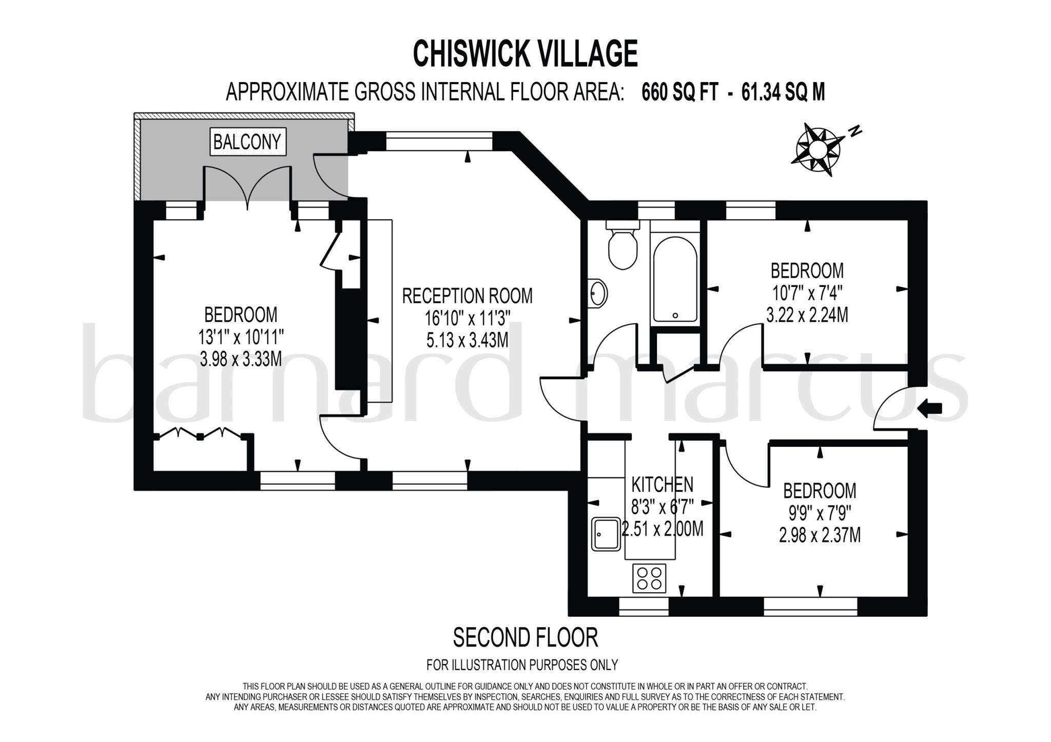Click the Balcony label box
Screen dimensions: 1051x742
coord(247,142)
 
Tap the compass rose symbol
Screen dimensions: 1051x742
coord(818,150)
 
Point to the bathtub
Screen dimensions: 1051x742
coord(675,279)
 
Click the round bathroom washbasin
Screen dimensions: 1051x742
coord(598,294)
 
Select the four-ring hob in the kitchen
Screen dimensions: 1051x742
coord(649,578)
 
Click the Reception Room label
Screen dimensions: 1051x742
coord(467,296)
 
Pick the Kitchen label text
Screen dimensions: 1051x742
coord(662,484)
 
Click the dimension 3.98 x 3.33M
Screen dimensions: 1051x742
coord(241,359)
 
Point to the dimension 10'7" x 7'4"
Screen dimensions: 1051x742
coord(807,294)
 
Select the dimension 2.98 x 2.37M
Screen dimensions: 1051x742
coord(820,536)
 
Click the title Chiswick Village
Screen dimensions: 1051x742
coord(525,54)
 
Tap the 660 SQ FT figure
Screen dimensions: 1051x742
coord(679,92)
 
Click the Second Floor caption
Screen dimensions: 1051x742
coord(525,638)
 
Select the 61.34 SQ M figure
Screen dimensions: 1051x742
coord(784,92)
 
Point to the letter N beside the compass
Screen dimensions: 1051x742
coord(854,131)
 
